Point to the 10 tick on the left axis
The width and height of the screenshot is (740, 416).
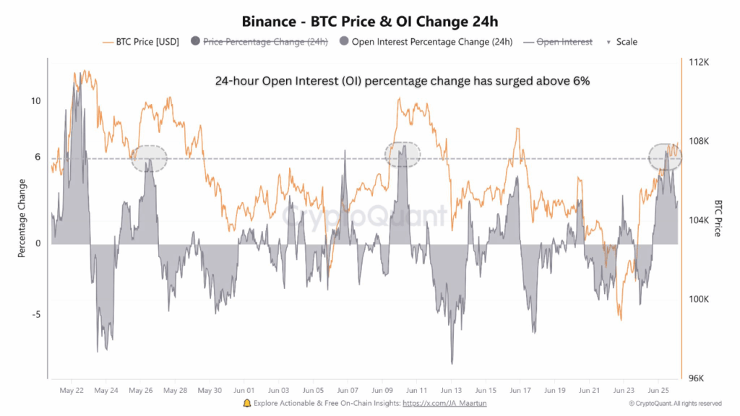35,100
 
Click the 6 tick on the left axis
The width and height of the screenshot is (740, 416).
38,157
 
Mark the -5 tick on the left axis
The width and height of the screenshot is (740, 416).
35,314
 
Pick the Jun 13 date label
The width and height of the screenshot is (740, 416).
452,390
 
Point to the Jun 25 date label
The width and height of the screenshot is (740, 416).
659,390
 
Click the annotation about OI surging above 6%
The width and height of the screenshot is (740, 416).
402,82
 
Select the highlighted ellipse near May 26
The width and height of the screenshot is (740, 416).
149,158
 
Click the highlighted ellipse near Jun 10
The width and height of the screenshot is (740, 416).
403,155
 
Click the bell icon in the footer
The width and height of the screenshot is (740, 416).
247,403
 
